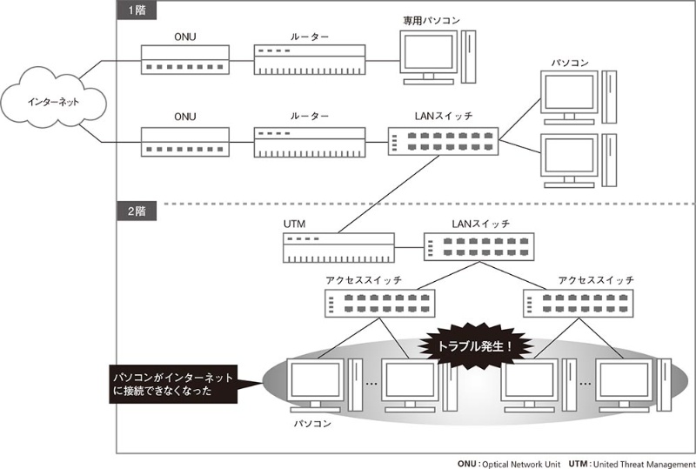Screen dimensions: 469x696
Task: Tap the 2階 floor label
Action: [134, 211]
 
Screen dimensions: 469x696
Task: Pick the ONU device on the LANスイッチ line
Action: [184, 142]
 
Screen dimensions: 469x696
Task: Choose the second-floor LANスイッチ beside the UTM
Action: [479, 249]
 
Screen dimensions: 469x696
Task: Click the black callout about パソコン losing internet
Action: [186, 385]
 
